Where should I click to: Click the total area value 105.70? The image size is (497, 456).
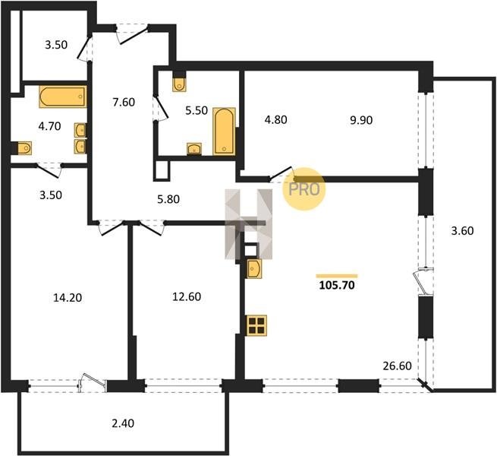click(x=337, y=286)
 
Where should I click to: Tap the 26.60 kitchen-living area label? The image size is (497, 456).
click(x=397, y=366)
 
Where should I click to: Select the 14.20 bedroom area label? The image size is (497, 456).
click(x=68, y=298)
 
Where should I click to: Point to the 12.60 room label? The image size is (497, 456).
click(x=187, y=296)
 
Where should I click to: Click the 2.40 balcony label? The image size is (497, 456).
click(x=123, y=423)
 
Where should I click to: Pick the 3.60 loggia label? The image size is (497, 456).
click(x=462, y=230)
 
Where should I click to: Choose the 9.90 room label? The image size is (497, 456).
click(x=361, y=120)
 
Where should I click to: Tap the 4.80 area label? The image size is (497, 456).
click(x=275, y=119)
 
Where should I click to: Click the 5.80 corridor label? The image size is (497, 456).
click(x=168, y=199)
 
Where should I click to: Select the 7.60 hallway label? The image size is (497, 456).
click(x=124, y=103)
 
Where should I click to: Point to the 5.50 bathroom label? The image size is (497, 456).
click(x=197, y=110)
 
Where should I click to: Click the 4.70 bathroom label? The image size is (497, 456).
click(x=49, y=126)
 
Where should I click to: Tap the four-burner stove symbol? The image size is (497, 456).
click(x=256, y=325)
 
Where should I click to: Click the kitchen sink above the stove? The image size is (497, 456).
click(x=254, y=269)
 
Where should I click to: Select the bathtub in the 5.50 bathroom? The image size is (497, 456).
click(x=224, y=131)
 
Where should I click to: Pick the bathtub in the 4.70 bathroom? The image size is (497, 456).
click(x=63, y=97)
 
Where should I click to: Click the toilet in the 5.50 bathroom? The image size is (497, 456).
click(x=179, y=84)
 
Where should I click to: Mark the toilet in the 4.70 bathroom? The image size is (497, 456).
click(x=24, y=148)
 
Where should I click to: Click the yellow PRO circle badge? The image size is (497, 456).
click(x=304, y=189)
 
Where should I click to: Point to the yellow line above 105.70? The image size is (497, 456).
click(x=337, y=276)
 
